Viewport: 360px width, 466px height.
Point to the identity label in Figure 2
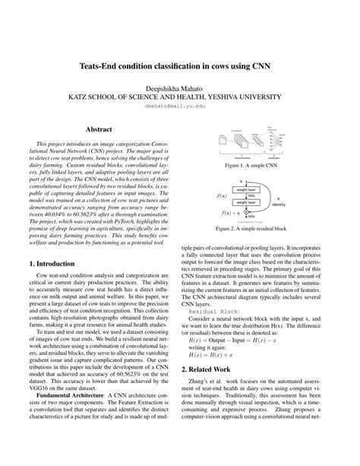279,204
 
